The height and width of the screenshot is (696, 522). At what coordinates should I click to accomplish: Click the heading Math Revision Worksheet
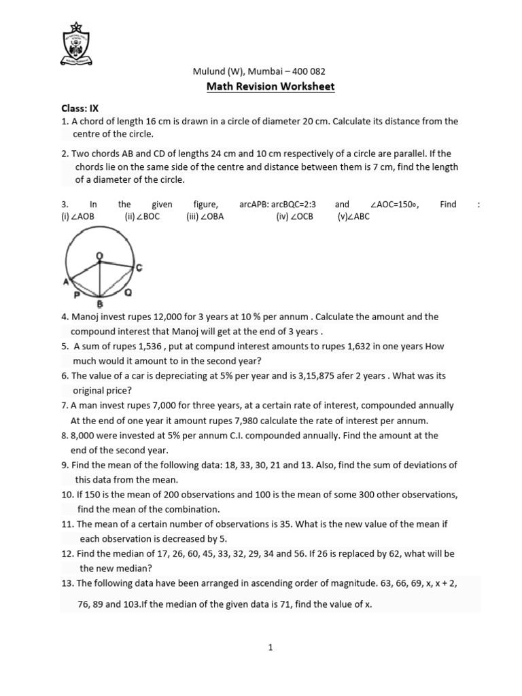271,86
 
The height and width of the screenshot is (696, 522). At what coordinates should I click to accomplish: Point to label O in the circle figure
99,256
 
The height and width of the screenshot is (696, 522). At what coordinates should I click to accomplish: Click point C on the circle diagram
139,268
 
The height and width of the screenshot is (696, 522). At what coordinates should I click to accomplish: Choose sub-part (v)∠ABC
353,217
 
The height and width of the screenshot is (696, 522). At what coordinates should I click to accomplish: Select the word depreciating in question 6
179,376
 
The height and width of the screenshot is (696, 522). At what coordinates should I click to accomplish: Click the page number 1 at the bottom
271,648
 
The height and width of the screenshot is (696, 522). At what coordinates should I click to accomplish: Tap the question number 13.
67,583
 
